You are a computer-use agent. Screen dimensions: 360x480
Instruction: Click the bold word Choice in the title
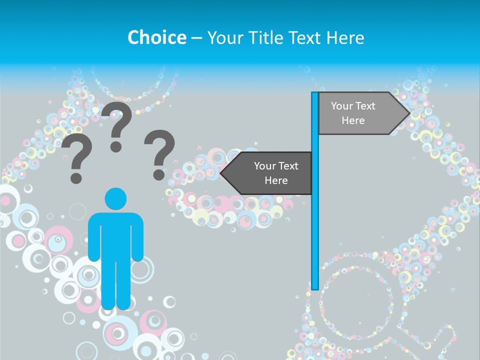point(156,37)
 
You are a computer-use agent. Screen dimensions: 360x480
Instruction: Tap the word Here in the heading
point(344,37)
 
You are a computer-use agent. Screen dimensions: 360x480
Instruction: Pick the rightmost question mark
point(159,154)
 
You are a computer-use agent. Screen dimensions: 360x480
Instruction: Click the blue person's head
point(115,198)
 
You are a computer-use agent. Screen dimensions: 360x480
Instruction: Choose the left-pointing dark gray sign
point(270,173)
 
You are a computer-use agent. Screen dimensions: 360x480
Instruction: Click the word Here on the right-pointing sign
point(353,120)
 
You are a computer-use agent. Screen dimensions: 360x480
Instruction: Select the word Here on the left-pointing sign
point(276,180)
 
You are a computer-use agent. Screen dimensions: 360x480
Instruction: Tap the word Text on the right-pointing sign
point(365,106)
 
